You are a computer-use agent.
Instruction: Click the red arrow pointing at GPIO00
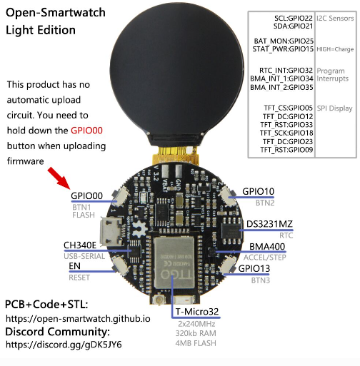[x=59, y=178]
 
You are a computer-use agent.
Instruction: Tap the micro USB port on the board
[x=110, y=232]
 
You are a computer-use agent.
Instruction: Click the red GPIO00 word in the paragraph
[x=86, y=131]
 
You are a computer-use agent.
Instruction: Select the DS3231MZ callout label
[x=269, y=224]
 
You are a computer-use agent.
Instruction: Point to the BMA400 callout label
[x=267, y=247]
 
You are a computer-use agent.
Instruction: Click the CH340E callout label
[x=80, y=245]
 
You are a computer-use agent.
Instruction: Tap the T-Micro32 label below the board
[x=197, y=312]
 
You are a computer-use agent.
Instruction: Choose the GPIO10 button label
[x=258, y=191]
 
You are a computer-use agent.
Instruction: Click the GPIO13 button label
[x=254, y=268]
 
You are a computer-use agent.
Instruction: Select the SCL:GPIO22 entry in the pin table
[x=294, y=19]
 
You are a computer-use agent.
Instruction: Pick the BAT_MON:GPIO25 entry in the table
[x=284, y=41]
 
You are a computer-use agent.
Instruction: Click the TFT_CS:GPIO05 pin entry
[x=288, y=108]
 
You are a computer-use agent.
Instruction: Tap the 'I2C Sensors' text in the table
[x=335, y=19]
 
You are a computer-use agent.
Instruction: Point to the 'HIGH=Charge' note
[x=335, y=49]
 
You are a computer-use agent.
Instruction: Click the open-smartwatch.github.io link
[x=78, y=319]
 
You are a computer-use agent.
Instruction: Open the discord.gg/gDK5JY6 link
[x=64, y=345]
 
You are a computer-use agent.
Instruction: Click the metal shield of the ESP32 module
[x=174, y=263]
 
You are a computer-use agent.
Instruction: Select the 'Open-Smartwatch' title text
[x=56, y=13]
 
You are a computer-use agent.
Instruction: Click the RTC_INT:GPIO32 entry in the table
[x=286, y=71]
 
